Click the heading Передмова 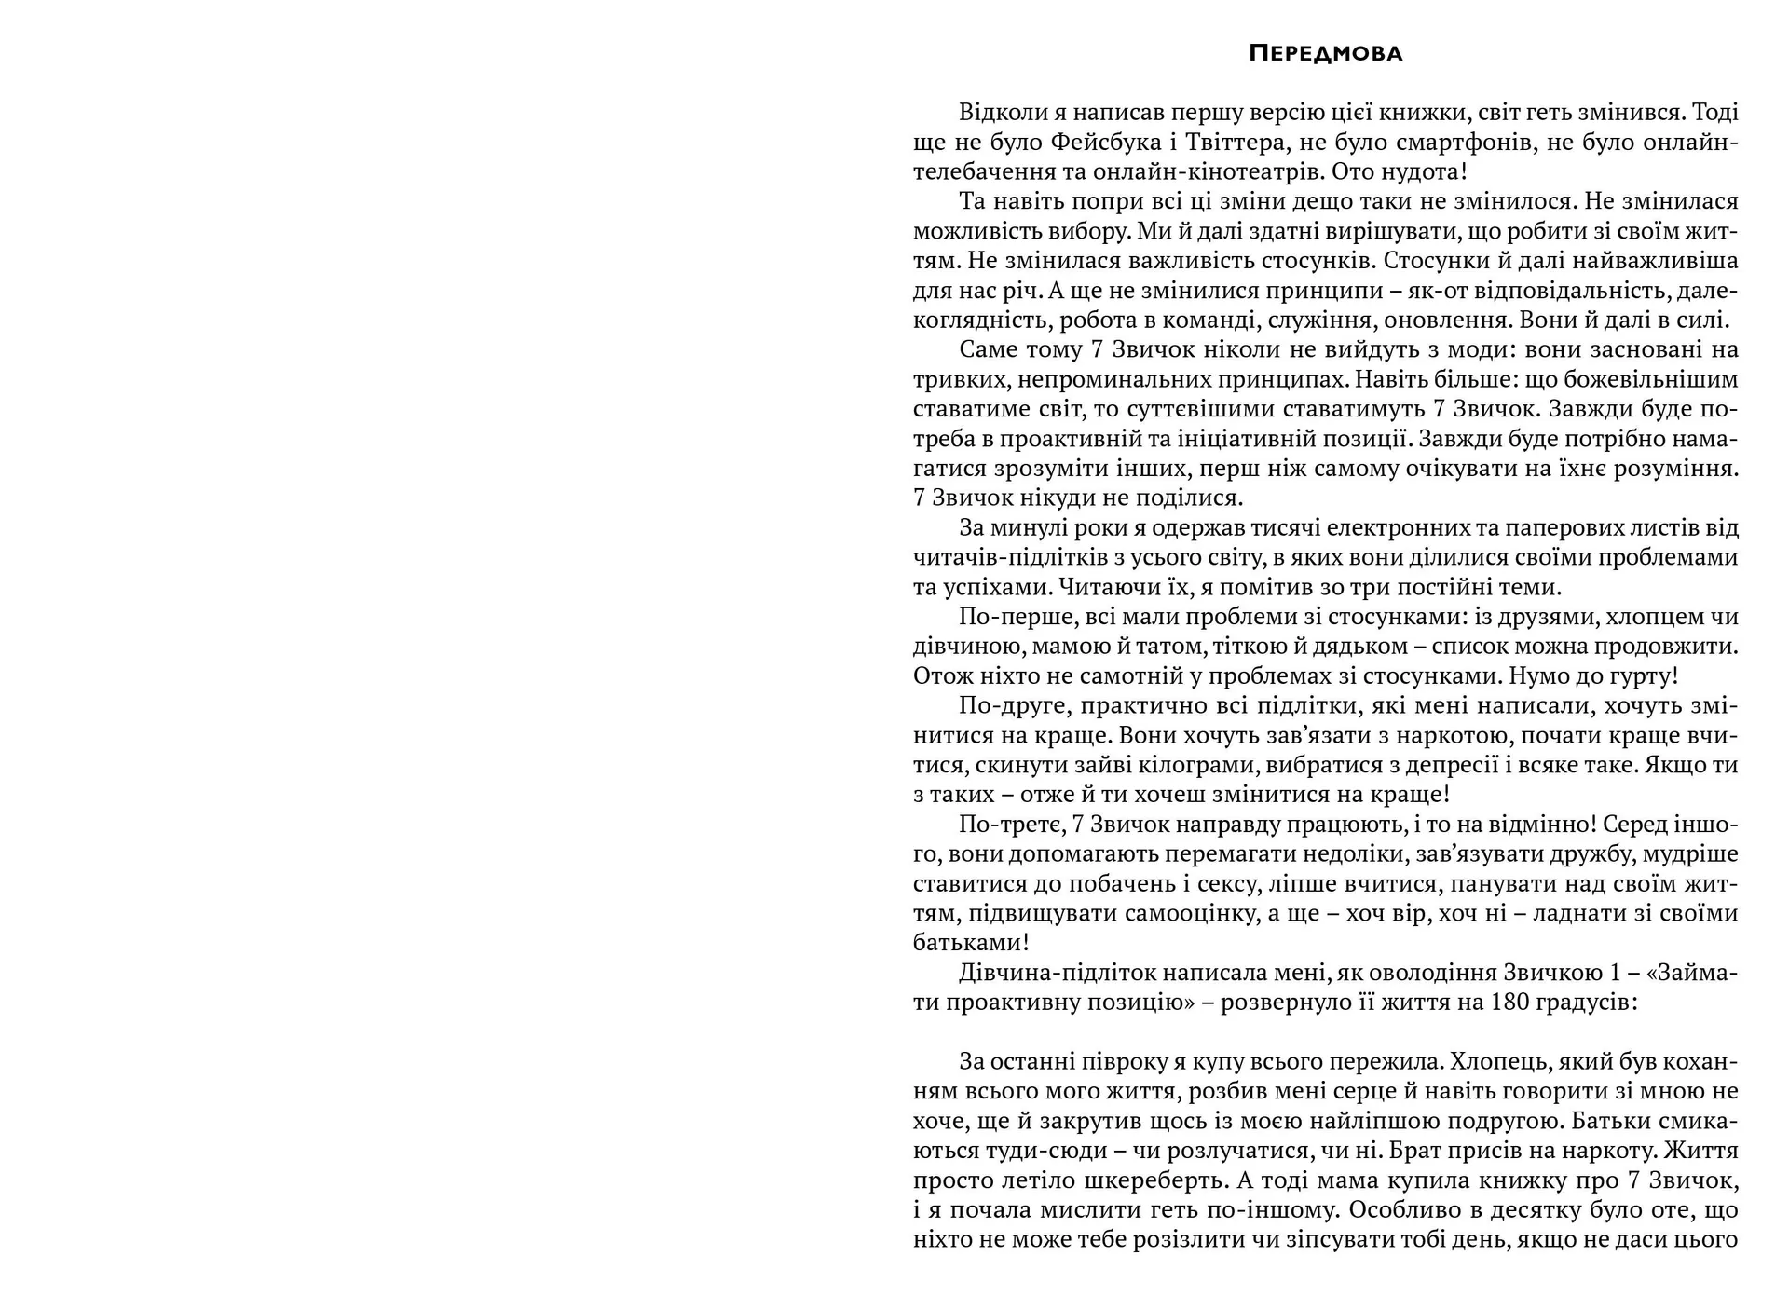tap(1325, 53)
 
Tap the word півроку tap(1140, 1061)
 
